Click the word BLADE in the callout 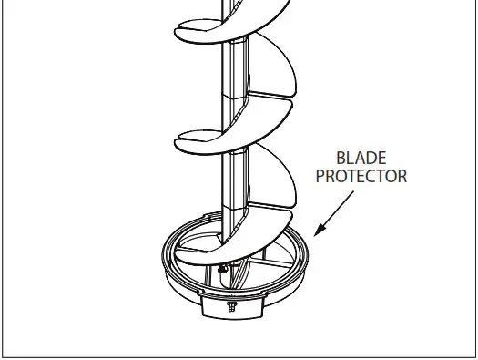[x=361, y=158]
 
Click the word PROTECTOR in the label [x=361, y=176]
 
